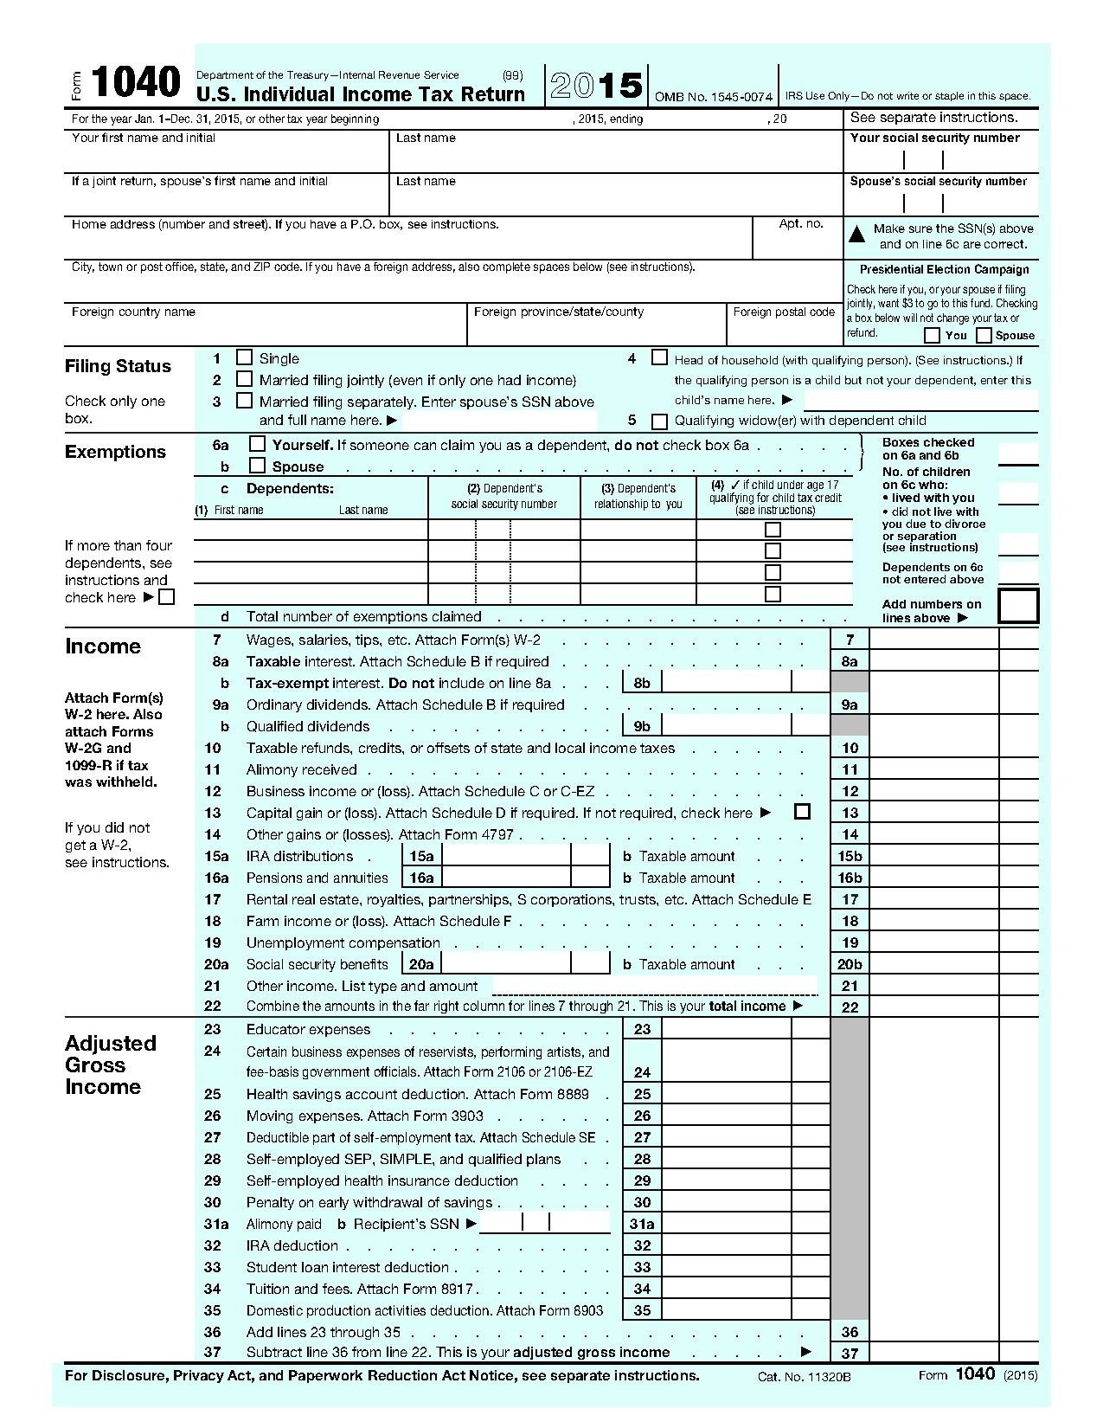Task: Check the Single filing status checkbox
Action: tap(245, 357)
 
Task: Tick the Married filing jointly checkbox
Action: tap(245, 379)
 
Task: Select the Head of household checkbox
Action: tap(659, 357)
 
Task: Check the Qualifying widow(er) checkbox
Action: tap(659, 421)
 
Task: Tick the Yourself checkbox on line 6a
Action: tap(257, 444)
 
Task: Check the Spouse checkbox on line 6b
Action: tap(257, 466)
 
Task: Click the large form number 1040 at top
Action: tap(135, 85)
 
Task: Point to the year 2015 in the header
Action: tap(596, 86)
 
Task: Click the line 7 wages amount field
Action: tap(933, 640)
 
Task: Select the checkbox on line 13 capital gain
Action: tap(802, 812)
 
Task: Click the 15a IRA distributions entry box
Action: tap(506, 856)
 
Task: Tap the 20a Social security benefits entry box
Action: tap(506, 964)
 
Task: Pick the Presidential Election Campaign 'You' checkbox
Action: tap(932, 335)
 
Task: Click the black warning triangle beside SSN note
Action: tap(856, 234)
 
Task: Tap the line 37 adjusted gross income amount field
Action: tap(933, 1353)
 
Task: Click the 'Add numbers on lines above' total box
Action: tap(1017, 606)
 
